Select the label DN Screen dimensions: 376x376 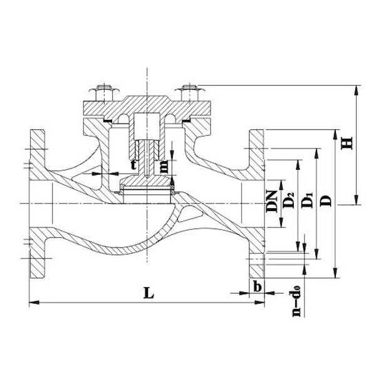pyautogui.click(x=271, y=199)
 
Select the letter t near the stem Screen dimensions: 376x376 pyautogui.click(x=133, y=164)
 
